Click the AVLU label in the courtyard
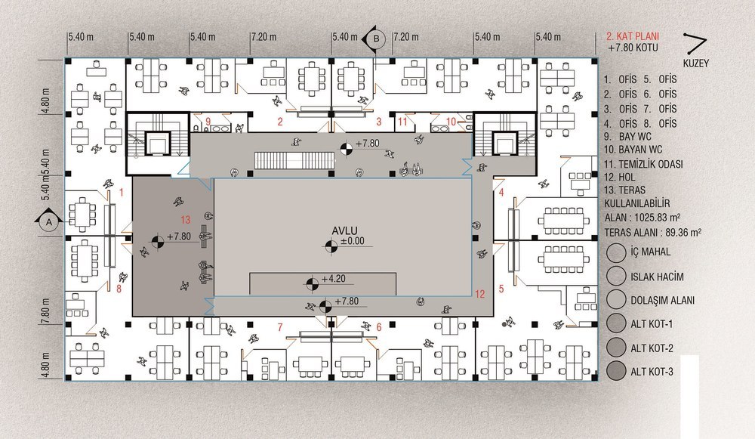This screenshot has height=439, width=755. click(344, 231)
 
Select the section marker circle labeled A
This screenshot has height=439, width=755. click(48, 222)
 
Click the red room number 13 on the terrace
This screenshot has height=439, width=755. click(186, 220)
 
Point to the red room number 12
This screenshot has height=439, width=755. click(479, 295)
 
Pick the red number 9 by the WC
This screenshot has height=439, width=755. click(208, 122)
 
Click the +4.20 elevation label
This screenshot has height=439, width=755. click(334, 279)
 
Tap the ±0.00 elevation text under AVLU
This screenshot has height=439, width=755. click(353, 241)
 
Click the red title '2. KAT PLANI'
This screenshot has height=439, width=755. click(632, 36)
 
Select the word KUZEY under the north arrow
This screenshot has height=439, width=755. click(696, 63)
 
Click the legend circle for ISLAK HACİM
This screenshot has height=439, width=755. click(616, 276)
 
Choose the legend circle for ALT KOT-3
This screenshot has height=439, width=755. click(616, 371)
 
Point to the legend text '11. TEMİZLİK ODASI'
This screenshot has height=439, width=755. click(643, 164)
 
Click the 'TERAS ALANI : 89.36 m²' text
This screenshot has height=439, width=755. click(652, 232)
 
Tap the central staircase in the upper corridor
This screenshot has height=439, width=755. click(294, 160)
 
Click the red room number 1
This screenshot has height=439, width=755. click(122, 193)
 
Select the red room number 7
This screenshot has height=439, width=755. click(280, 328)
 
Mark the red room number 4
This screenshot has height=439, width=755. click(501, 193)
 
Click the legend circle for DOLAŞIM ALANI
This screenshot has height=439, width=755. click(616, 299)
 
